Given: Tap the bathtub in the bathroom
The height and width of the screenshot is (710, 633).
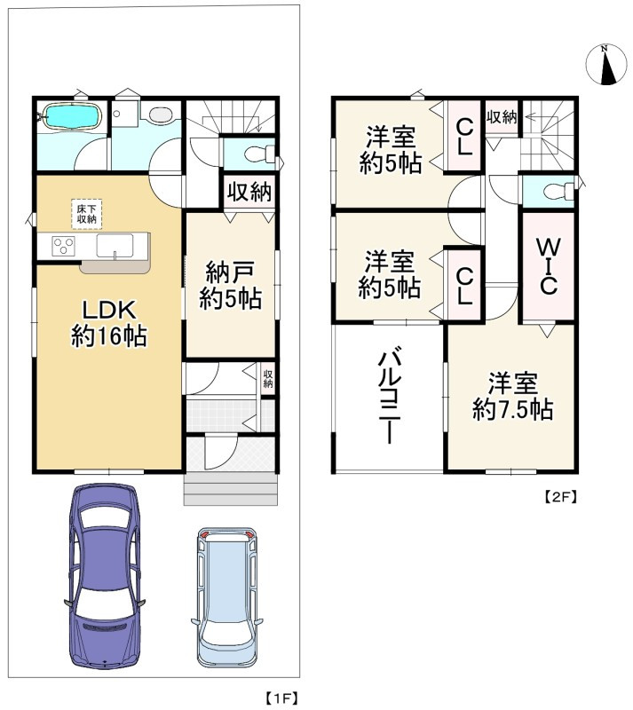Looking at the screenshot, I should tap(69, 118).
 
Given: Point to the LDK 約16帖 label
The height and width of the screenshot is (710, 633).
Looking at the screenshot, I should tap(108, 323).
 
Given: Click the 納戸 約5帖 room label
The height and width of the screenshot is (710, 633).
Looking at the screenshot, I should tap(229, 286).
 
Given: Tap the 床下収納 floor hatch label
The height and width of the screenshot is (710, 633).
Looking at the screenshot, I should tap(87, 214).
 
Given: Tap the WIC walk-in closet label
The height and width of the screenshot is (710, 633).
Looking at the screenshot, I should tap(548, 265).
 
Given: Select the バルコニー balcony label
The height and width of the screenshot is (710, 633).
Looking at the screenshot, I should tap(388, 397).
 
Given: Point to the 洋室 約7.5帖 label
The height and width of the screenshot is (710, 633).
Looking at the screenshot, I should tap(512, 397).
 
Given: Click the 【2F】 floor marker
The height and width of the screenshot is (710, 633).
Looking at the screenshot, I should tap(560, 498).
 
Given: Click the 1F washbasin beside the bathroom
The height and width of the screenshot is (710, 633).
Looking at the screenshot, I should tap(123, 115).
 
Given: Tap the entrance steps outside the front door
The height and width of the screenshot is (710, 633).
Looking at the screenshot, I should tap(231, 488).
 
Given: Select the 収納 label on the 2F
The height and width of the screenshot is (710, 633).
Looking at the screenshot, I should tap(502, 116).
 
